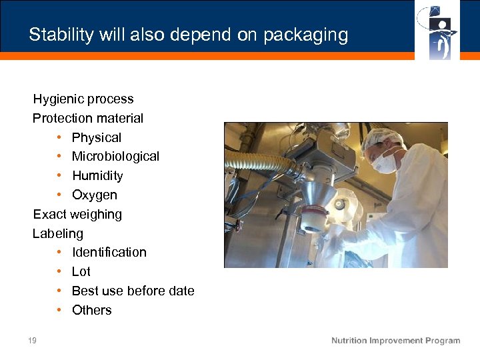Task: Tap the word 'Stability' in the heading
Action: point(61,35)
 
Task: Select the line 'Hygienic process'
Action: point(83,99)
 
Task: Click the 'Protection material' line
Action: point(88,118)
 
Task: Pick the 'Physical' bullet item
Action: point(97,137)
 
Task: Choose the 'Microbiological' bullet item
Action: point(115,157)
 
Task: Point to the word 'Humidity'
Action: point(97,176)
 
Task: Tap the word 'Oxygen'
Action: point(94,195)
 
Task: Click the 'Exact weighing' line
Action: point(77,214)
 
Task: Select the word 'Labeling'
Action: point(58,233)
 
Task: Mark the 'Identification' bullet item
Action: point(109,253)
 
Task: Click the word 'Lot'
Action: point(81,272)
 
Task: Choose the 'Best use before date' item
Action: point(133,291)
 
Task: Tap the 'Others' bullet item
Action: point(91,310)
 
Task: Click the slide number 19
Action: point(32,341)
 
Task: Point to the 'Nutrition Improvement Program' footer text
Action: point(395,341)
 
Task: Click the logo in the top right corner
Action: point(437,30)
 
